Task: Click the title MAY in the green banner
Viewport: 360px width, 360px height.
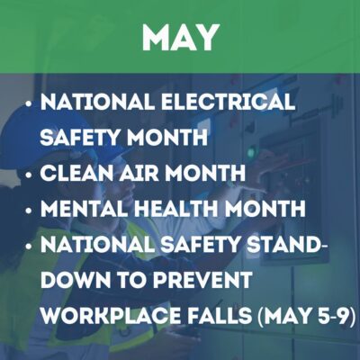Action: pyautogui.click(x=180, y=37)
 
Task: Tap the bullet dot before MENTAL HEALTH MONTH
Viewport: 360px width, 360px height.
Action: pyautogui.click(x=31, y=208)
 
